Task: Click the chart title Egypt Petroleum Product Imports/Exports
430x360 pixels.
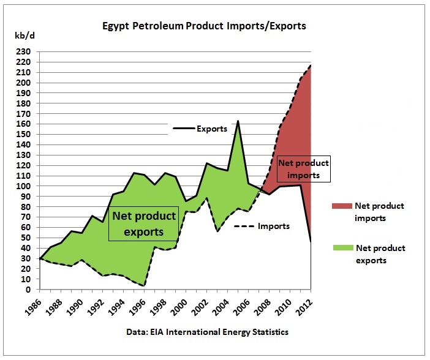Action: click(204, 26)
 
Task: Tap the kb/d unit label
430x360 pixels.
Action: click(25, 36)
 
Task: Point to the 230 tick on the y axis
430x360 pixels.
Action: click(23, 51)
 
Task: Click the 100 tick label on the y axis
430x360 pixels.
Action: click(23, 186)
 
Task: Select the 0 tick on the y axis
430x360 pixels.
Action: click(28, 289)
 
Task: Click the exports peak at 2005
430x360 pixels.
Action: click(238, 121)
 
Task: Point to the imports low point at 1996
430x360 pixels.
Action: click(144, 286)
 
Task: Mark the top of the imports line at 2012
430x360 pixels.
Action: click(311, 66)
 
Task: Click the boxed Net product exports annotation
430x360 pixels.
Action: click(144, 223)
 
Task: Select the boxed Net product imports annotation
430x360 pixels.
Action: click(304, 169)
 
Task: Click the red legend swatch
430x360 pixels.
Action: click(342, 206)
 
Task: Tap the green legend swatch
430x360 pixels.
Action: click(343, 247)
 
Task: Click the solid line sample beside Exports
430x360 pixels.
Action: click(184, 128)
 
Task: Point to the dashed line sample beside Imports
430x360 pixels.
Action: click(244, 226)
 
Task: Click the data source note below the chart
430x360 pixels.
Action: click(207, 332)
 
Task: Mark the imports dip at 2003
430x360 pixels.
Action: click(217, 231)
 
